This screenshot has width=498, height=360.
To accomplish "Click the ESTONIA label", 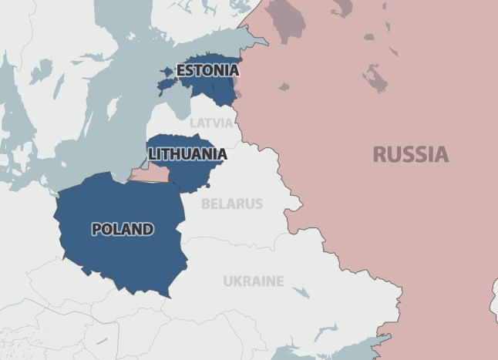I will pos(207,71).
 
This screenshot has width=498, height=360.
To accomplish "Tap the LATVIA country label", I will pos(210,123).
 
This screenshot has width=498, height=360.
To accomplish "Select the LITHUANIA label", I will pos(188,154).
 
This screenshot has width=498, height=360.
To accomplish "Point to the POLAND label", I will pos(123,229).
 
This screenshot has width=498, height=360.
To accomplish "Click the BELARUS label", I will pos(231,204).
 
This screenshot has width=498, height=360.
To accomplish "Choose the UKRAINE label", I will pos(253,281).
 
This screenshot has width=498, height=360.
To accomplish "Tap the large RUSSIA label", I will pos(410,154).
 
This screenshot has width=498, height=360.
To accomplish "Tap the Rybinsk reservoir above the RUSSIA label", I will pos(375,77).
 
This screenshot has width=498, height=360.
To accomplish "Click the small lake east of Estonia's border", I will pos(284,87).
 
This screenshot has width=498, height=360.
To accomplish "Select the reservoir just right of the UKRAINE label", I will pos(301,291).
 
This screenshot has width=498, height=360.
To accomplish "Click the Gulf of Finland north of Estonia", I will pos(208,42).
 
